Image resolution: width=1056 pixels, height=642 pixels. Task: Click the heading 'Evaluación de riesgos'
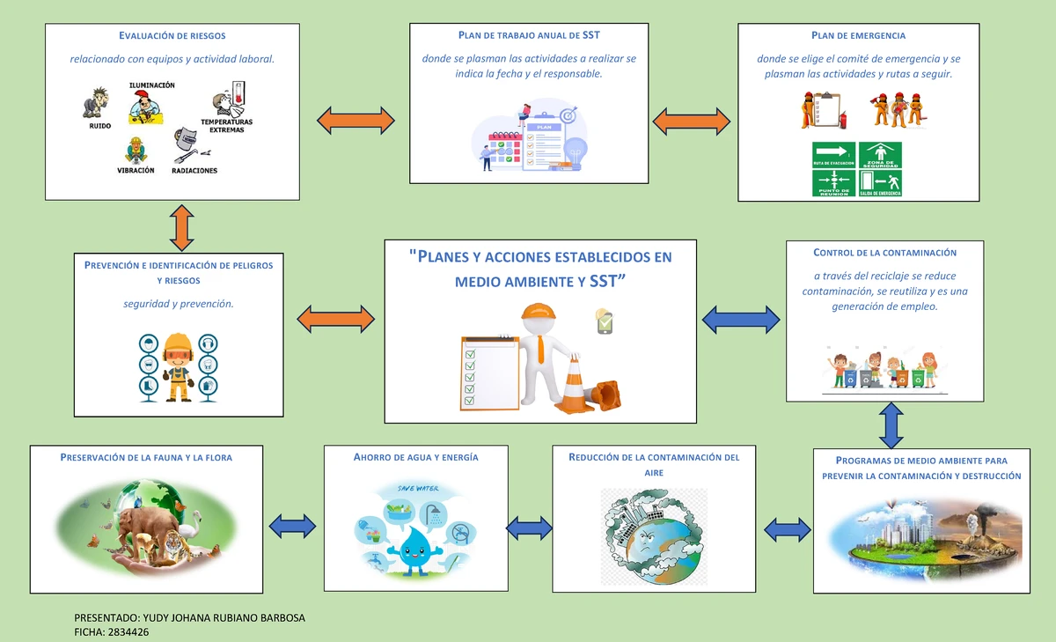[x=172, y=36]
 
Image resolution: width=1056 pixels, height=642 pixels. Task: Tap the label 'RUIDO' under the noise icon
[x=100, y=126]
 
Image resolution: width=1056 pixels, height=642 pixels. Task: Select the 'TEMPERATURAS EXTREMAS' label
[x=226, y=125]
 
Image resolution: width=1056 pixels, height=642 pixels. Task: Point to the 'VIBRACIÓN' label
[x=136, y=170]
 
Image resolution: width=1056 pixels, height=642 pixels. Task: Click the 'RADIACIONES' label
[x=194, y=170]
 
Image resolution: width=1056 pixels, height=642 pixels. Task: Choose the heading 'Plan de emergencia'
[x=858, y=36]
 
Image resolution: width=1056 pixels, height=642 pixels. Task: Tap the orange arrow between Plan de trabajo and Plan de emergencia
[x=692, y=121]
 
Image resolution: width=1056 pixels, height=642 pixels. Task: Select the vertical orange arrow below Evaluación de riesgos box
[x=180, y=227]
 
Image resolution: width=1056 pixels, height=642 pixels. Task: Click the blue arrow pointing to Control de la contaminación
[x=741, y=319]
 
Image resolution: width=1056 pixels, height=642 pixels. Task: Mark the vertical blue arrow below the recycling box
[x=891, y=424]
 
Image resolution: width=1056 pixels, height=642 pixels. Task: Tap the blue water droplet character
[x=411, y=545]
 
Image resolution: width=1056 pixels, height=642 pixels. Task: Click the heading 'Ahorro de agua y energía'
[x=415, y=458]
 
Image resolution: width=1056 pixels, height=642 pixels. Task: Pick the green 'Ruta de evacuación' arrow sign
[x=834, y=155]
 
